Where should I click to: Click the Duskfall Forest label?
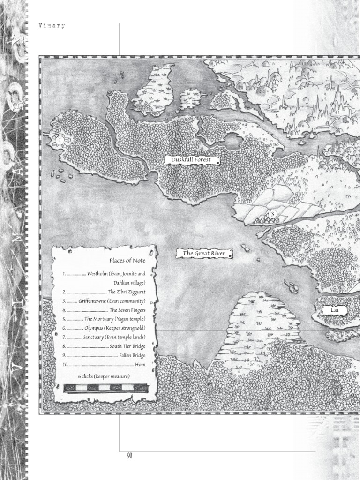[191, 160]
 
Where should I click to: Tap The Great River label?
[204, 254]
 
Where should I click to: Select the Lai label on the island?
[335, 310]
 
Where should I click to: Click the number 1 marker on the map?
[60, 140]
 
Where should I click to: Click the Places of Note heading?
[127, 261]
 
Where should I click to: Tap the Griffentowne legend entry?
[112, 301]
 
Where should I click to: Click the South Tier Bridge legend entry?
[127, 346]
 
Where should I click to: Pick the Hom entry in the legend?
[140, 364]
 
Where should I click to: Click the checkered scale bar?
[105, 388]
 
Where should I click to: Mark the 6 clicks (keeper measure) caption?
[104, 376]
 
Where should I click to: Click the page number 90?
[129, 456]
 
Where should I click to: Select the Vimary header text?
[52, 27]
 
